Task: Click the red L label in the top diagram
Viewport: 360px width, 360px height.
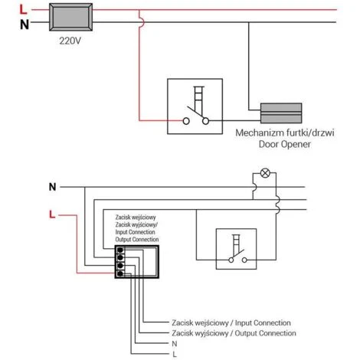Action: (x=23, y=10)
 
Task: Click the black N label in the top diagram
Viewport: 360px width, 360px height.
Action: (x=25, y=25)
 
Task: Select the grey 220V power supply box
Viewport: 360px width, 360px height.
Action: (x=70, y=17)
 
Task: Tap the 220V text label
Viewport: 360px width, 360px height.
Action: (x=70, y=41)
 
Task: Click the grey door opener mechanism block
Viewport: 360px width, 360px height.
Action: (x=281, y=113)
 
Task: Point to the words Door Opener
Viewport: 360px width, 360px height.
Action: (x=285, y=144)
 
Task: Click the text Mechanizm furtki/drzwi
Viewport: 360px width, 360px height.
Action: (x=285, y=133)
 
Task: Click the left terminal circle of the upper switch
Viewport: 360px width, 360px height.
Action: (x=186, y=121)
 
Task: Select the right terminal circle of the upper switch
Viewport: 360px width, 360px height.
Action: (x=205, y=121)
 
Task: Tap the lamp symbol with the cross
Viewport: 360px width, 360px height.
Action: (x=265, y=173)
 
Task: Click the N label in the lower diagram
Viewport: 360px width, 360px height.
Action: (x=52, y=187)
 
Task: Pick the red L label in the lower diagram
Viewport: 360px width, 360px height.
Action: (x=52, y=214)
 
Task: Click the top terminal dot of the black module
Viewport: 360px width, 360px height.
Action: (x=120, y=250)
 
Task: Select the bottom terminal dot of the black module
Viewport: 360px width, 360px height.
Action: (x=120, y=274)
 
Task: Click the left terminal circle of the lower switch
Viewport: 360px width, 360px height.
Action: (x=231, y=260)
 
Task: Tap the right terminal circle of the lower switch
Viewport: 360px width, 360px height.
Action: (x=244, y=260)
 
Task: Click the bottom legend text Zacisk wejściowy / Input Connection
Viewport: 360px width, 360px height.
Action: (x=231, y=322)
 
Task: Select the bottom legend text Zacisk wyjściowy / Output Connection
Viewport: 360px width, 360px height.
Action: (x=234, y=333)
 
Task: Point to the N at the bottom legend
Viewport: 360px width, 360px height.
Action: (x=175, y=344)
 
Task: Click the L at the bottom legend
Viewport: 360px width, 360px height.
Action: (x=175, y=355)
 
